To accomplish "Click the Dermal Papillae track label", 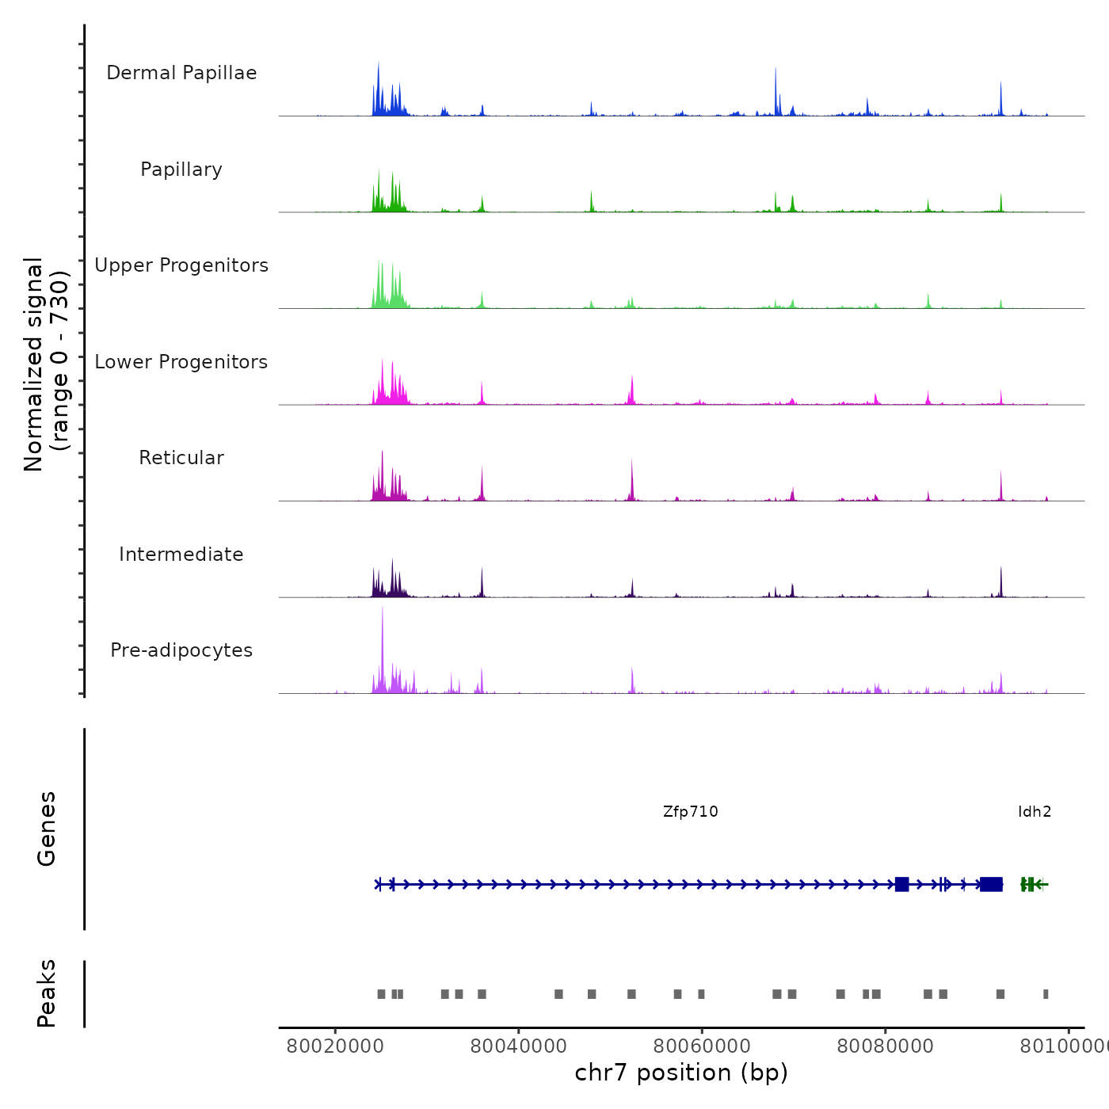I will click(x=181, y=73).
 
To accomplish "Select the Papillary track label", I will click(x=181, y=170).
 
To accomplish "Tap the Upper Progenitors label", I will click(x=181, y=265).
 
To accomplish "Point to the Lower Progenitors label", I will click(x=181, y=362).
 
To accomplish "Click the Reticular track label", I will click(x=181, y=458).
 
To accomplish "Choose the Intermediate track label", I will click(x=181, y=554).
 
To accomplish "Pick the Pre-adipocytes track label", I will click(x=181, y=650).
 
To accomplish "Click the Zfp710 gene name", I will click(x=691, y=811).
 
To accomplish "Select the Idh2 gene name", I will click(x=1035, y=811).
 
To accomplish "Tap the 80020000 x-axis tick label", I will click(x=335, y=1046).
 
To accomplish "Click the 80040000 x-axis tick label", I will click(x=519, y=1046).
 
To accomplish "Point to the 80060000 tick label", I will click(x=702, y=1046).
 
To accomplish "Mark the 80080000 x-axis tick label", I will click(x=886, y=1046).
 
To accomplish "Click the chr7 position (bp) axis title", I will click(x=681, y=1073).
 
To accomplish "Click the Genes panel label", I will click(x=46, y=829).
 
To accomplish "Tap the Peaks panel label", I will click(x=46, y=993).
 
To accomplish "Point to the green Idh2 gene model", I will click(x=1032, y=884).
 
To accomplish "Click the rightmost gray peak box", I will click(x=1046, y=994).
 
